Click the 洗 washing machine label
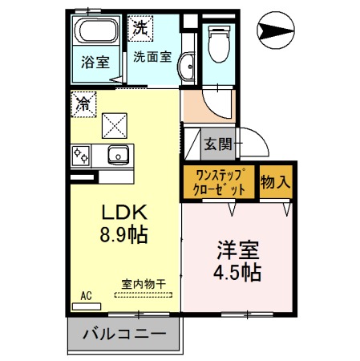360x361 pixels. pyautogui.click(x=139, y=26)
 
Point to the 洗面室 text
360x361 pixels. pyautogui.click(x=152, y=57)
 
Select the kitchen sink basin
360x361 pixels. pyautogui.click(x=117, y=154)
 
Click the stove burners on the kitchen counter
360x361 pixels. pyautogui.click(x=82, y=154)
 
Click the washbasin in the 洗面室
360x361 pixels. pyautogui.click(x=185, y=67)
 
